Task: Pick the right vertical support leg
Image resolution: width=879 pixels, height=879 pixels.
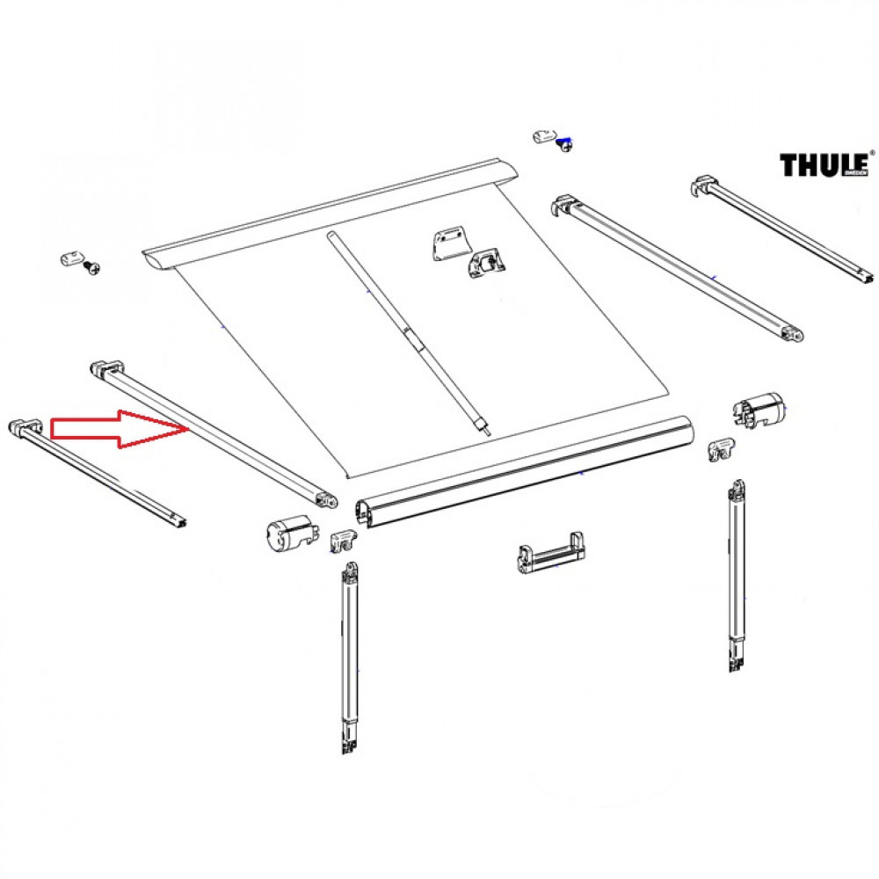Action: [737, 576]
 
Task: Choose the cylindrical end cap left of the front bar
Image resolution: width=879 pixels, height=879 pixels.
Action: [288, 532]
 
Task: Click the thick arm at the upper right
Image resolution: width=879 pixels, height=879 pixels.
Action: [677, 268]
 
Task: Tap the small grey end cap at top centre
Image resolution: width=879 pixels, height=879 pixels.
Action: [545, 134]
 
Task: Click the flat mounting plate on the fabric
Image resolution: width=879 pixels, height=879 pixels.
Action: [450, 243]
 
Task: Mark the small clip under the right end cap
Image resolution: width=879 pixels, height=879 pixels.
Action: [721, 450]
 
